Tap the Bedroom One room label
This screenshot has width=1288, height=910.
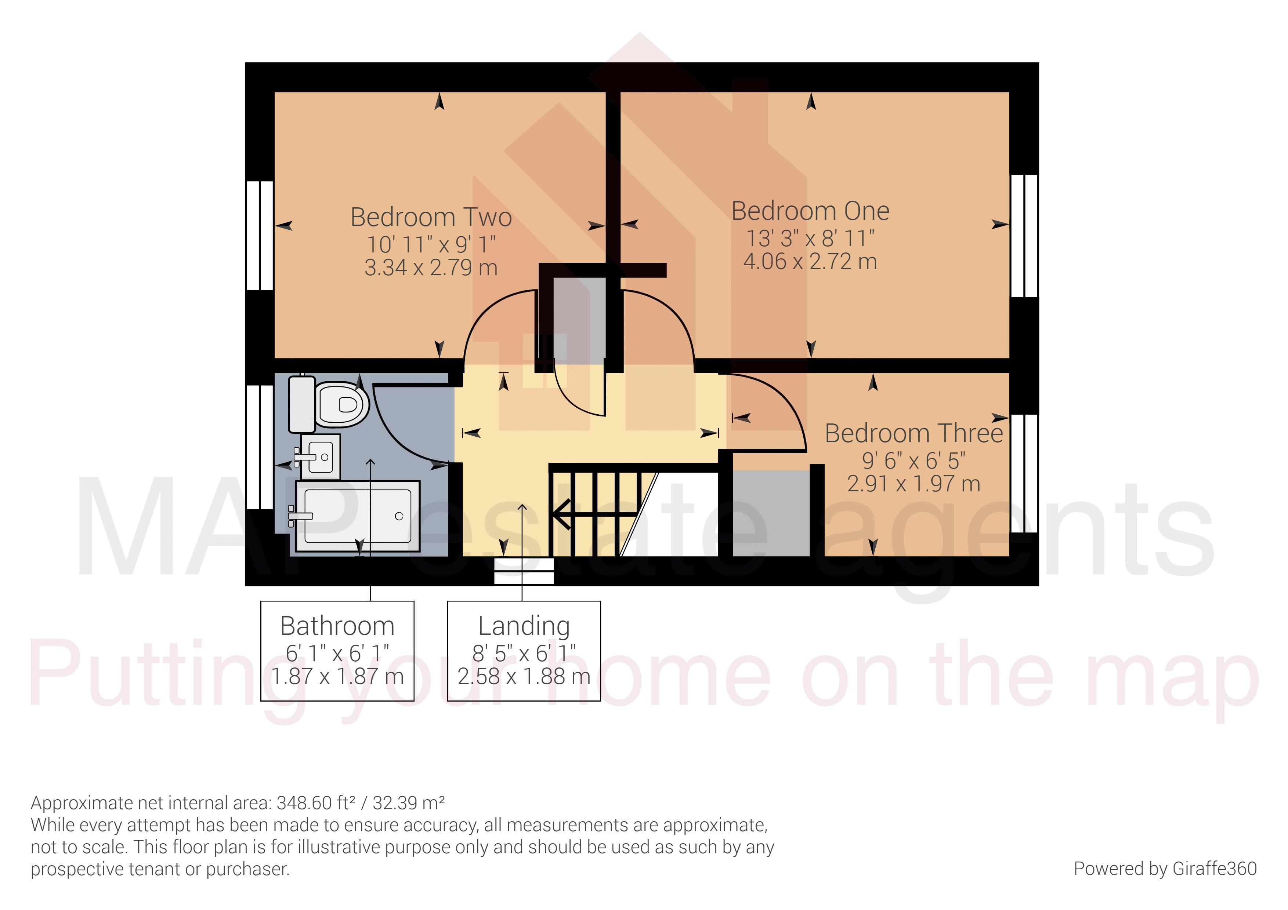click(x=810, y=211)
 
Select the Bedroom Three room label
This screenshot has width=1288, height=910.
click(x=913, y=433)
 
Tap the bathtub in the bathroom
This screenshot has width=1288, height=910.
click(x=357, y=516)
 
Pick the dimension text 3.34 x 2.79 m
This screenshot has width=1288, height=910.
click(x=431, y=268)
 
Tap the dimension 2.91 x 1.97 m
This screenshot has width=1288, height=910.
click(x=913, y=484)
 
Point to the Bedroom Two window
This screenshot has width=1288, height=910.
click(x=260, y=236)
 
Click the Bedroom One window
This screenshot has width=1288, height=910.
click(x=1024, y=236)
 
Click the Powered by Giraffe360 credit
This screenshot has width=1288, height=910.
click(x=1165, y=869)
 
